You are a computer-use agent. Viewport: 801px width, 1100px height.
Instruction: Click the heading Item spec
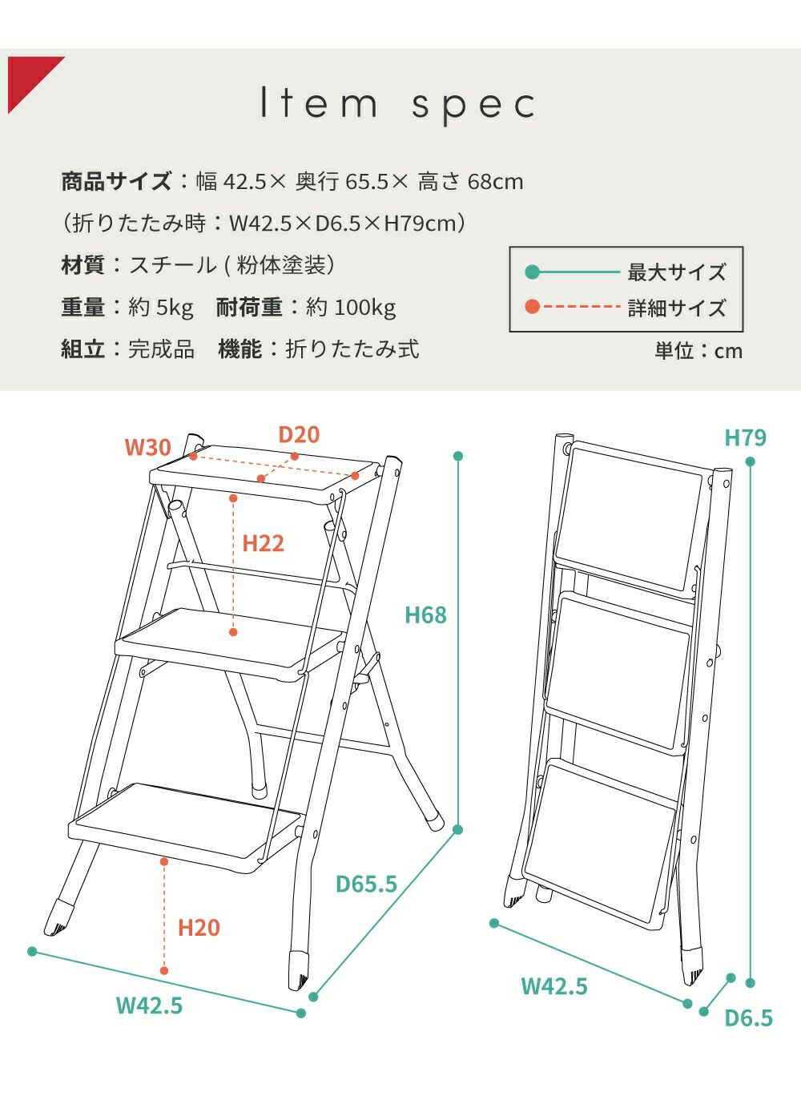point(398,104)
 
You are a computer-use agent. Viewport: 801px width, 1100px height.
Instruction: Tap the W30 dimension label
point(148,447)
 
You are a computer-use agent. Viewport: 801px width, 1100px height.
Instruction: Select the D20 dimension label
point(299,434)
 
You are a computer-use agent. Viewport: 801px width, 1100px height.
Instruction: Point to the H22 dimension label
point(263,544)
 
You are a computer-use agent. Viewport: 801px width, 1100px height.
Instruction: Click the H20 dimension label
point(199,928)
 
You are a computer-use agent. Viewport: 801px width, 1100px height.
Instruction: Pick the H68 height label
point(425,615)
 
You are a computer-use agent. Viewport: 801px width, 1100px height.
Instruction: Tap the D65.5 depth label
point(366,884)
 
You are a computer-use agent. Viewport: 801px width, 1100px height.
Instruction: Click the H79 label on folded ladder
point(745,438)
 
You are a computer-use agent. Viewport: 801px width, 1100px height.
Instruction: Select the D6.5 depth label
point(748,1018)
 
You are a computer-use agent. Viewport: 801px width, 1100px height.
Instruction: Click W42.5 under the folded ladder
point(554,986)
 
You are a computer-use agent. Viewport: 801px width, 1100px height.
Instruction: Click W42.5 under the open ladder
point(149,1005)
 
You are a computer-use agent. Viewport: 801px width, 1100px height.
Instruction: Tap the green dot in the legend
point(533,272)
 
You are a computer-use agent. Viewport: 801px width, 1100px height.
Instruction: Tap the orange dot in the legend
point(533,307)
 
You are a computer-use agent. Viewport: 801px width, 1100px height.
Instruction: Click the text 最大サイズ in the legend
point(676,272)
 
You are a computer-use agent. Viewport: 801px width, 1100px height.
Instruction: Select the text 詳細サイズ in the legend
point(676,308)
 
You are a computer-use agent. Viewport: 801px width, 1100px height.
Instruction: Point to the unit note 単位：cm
point(698,351)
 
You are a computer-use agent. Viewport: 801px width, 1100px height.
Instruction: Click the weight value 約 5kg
point(161,308)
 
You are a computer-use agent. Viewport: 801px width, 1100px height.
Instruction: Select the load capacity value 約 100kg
point(351,308)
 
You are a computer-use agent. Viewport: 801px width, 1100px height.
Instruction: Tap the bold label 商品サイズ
point(116,181)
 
